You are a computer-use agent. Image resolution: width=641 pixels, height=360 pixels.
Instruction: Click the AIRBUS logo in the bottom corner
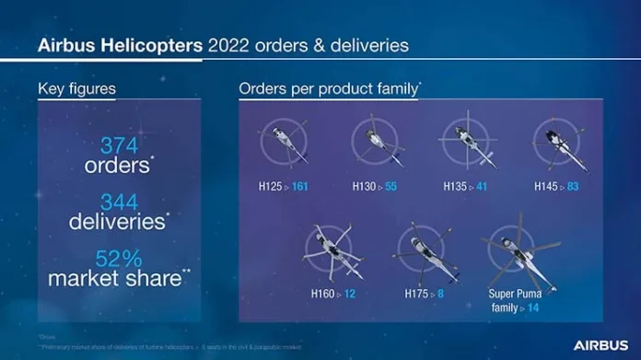(x=600, y=344)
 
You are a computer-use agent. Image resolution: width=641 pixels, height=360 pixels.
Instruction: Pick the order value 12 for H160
(x=350, y=294)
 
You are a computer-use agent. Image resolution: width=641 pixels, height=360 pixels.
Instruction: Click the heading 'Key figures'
(x=76, y=89)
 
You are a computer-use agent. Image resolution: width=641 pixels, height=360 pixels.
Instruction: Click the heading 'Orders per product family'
(x=328, y=89)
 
